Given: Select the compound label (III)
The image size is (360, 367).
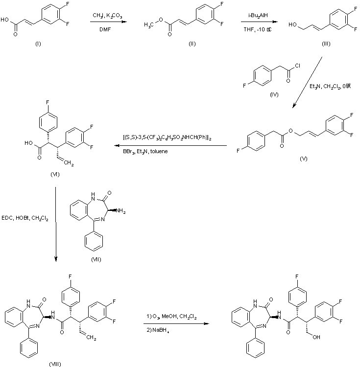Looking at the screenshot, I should (326, 45).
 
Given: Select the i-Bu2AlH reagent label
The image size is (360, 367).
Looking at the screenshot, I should (257, 16).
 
